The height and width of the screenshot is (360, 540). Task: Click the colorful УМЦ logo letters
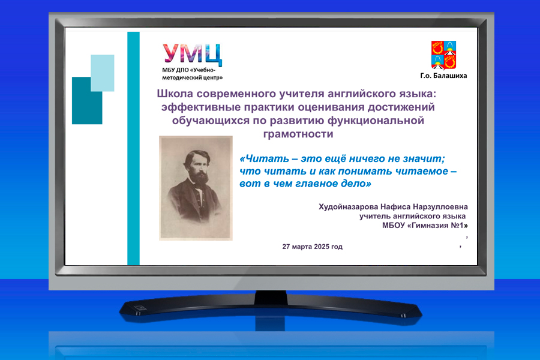coord(192,55)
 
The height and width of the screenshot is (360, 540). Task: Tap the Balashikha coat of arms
coord(443,55)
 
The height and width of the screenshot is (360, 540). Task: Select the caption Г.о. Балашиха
coord(443,76)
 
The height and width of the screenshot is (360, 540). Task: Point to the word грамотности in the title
coord(298,134)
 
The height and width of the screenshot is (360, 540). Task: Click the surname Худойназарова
coord(348,206)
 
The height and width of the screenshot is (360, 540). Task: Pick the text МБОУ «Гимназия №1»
coord(425,226)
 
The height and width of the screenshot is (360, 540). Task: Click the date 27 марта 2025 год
coord(313,247)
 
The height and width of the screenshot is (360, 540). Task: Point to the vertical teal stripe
coord(134,148)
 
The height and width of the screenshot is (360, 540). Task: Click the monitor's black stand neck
coord(271,297)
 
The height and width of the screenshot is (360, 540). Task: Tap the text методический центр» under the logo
coord(193,78)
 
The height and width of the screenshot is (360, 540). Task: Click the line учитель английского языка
coord(413,217)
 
